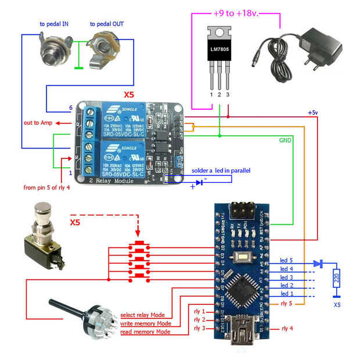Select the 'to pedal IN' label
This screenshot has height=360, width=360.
click(x=53, y=24)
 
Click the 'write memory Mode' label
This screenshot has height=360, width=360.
click(x=145, y=323)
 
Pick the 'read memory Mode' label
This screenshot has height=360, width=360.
click(x=145, y=332)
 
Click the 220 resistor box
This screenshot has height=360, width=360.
click(x=335, y=280)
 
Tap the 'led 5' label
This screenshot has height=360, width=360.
click(x=287, y=260)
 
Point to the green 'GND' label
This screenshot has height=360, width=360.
click(x=285, y=140)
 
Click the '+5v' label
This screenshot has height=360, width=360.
click(x=312, y=113)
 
